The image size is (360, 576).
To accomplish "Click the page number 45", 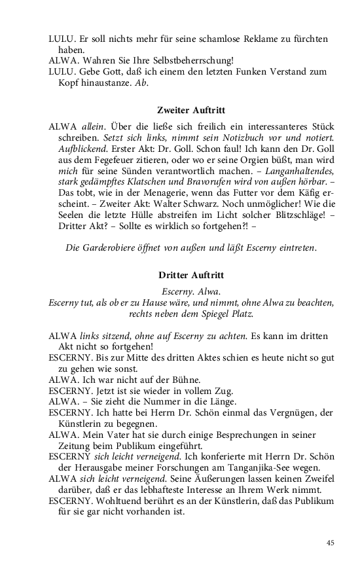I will pyautogui.click(x=331, y=543).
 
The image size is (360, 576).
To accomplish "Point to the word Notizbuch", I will pyautogui.click(x=240, y=139).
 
